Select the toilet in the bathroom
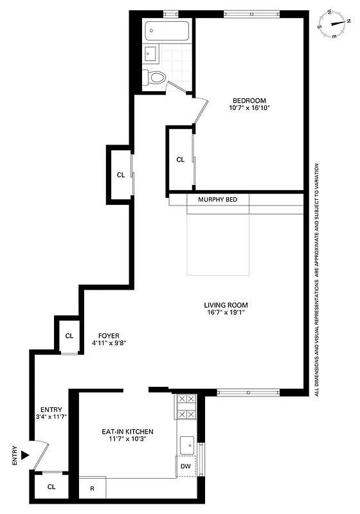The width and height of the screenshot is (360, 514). [154, 77]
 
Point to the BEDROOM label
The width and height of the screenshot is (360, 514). [249, 100]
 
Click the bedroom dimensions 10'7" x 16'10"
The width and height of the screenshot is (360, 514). [249, 109]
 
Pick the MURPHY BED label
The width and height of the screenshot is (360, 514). [217, 200]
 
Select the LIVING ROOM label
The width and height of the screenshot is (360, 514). [226, 305]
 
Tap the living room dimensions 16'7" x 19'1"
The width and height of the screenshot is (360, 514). [226, 314]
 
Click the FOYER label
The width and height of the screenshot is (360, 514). [109, 335]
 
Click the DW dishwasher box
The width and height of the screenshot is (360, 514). [185, 466]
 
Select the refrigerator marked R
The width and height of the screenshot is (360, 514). [92, 488]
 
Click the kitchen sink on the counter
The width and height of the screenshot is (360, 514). [187, 443]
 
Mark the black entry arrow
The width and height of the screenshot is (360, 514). [25, 455]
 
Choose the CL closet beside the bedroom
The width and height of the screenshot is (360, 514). [181, 159]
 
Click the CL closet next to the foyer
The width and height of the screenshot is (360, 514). [69, 335]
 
